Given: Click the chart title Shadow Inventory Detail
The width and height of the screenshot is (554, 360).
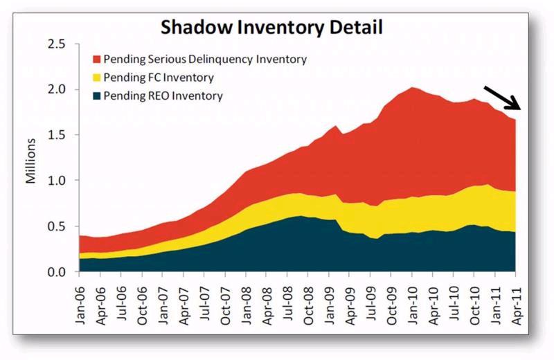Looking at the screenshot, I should click(x=271, y=28).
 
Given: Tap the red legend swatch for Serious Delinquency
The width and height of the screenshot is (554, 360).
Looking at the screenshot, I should click(x=96, y=59).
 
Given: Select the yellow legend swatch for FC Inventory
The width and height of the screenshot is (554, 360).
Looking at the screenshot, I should click(x=96, y=78).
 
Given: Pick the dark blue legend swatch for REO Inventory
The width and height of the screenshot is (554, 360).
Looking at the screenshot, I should click(x=96, y=96).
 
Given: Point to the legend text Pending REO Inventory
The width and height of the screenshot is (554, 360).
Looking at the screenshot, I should click(x=163, y=96).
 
